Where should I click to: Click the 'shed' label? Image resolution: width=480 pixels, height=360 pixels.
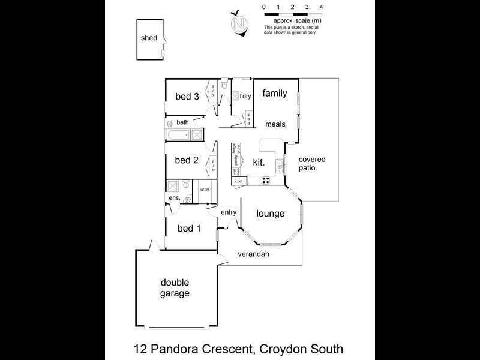click(149, 38)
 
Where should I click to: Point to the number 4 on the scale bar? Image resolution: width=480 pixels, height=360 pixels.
click(322, 7)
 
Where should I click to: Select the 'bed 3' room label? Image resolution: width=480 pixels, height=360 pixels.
click(187, 96)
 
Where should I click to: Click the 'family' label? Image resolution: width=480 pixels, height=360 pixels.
click(275, 93)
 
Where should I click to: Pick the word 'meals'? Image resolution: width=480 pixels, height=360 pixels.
click(276, 124)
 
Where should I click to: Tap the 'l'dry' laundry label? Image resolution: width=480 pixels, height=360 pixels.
click(245, 96)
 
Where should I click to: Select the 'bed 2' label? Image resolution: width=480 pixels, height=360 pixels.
click(186, 160)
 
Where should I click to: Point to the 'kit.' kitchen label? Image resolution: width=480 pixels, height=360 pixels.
click(259, 162)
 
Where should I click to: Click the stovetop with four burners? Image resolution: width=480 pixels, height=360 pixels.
click(265, 180)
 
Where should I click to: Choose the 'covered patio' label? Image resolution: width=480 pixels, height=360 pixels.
click(312, 163)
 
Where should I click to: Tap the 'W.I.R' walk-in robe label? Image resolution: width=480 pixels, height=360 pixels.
click(205, 189)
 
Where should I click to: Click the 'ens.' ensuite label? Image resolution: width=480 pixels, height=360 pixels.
click(174, 197)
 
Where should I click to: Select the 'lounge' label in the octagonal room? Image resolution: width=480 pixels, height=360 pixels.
click(270, 213)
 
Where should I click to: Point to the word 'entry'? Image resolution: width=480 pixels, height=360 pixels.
click(229, 212)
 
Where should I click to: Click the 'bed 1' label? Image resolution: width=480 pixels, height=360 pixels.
click(189, 228)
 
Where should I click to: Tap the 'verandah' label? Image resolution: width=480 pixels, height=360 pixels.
click(254, 254)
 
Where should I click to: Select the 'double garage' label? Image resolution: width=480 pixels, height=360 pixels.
click(175, 288)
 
